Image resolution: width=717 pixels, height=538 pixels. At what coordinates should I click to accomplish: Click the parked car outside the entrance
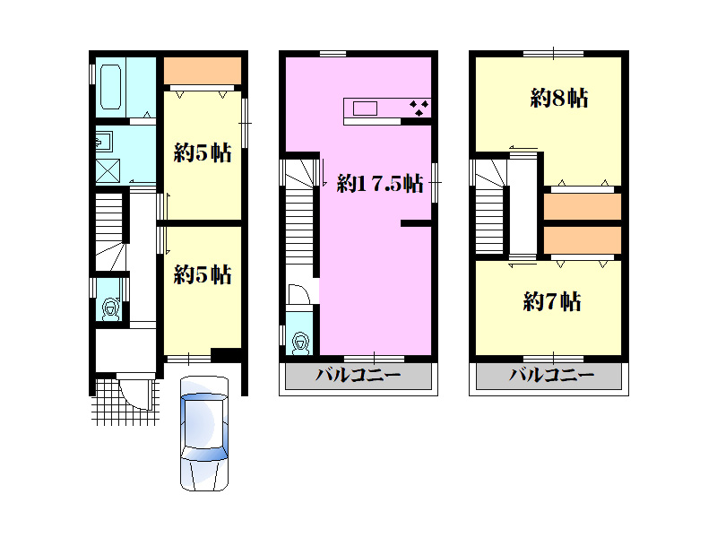pyautogui.click(x=204, y=434)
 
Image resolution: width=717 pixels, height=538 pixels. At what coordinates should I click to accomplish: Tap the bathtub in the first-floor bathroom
pyautogui.click(x=110, y=87)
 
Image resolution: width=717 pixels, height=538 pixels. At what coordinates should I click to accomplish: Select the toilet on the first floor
pyautogui.click(x=110, y=308)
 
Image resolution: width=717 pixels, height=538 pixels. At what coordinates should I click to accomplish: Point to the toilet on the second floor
pyautogui.click(x=301, y=343)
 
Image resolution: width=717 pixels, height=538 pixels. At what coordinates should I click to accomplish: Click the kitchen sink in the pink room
pyautogui.click(x=365, y=108)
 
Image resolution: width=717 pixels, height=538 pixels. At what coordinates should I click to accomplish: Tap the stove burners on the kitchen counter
pyautogui.click(x=419, y=108)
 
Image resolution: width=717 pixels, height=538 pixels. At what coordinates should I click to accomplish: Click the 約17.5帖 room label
pyautogui.click(x=380, y=184)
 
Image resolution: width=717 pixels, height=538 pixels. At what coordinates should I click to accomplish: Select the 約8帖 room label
pyautogui.click(x=558, y=98)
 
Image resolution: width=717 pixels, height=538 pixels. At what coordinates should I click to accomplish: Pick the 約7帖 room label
pyautogui.click(x=552, y=301)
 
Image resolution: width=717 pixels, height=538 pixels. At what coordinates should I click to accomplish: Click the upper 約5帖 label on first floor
pyautogui.click(x=203, y=152)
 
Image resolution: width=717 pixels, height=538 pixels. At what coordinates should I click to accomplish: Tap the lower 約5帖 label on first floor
pyautogui.click(x=203, y=274)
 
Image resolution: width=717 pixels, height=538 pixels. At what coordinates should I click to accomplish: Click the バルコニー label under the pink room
pyautogui.click(x=358, y=375)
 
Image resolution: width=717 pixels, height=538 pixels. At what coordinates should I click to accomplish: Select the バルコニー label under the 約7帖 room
pyautogui.click(x=552, y=375)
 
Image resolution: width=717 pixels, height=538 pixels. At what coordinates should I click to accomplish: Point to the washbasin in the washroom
pyautogui.click(x=104, y=142)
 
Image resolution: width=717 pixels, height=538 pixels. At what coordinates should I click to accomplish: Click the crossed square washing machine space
pyautogui.click(x=108, y=170)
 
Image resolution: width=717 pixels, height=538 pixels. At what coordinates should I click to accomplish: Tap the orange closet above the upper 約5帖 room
pyautogui.click(x=203, y=71)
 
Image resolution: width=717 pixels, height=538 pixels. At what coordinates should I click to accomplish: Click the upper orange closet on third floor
pyautogui.click(x=582, y=206)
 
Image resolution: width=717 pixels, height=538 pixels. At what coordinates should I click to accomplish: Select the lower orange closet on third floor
pyautogui.click(x=582, y=239)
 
